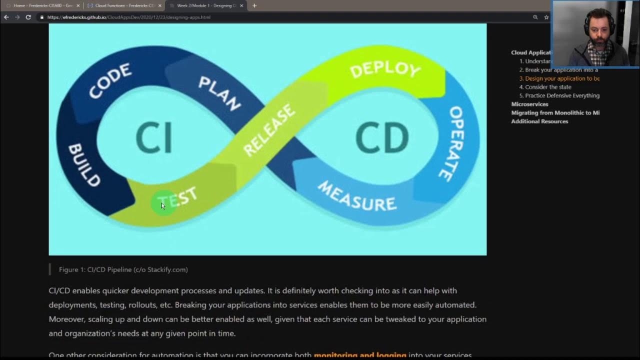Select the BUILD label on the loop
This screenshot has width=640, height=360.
pos(84,165)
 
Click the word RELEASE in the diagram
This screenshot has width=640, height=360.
pos(269,130)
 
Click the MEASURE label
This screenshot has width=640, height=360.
pos(357,196)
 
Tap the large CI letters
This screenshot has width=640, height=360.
pos(154,138)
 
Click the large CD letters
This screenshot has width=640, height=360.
pos(382,138)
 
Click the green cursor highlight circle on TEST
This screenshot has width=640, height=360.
pos(163,203)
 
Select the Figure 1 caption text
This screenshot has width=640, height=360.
pos(123,269)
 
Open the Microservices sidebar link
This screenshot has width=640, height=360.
pos(529,104)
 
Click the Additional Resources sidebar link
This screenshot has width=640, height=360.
pos(539,121)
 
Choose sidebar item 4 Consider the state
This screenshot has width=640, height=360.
pos(548,87)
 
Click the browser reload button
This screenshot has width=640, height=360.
pos(28,17)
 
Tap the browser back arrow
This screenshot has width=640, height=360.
pos(6,17)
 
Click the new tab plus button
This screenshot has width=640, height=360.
pos(254,5)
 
